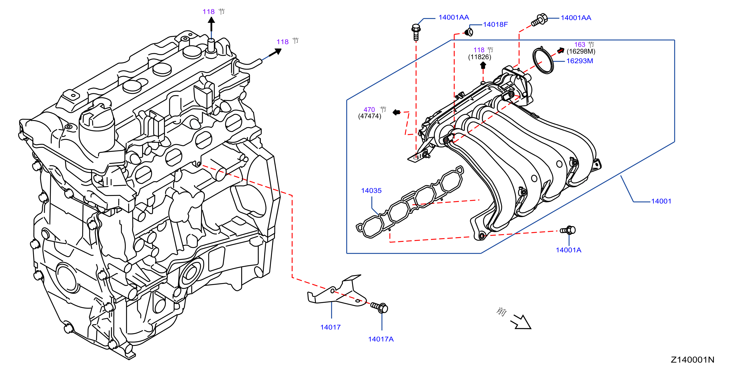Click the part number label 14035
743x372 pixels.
[371, 191]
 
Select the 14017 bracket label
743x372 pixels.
[330, 327]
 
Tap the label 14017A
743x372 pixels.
[381, 339]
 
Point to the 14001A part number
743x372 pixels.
[569, 250]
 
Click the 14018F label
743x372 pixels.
[495, 25]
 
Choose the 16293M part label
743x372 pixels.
[580, 61]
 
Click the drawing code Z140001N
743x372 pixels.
[692, 360]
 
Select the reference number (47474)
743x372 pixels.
[369, 116]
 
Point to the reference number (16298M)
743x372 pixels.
[581, 51]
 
